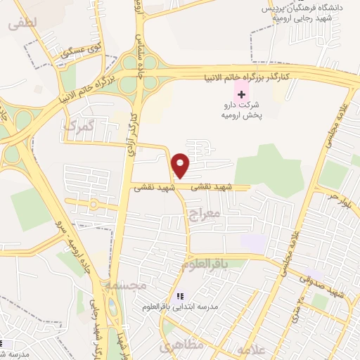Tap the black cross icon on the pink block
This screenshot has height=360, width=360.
[241, 94]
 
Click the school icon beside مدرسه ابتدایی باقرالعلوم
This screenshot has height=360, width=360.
[180, 297]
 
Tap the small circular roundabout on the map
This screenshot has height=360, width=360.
[94, 205]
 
